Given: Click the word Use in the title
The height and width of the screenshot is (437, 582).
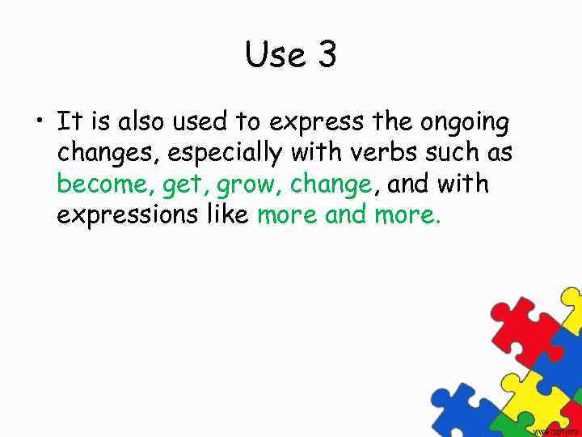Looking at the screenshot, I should coord(272,55).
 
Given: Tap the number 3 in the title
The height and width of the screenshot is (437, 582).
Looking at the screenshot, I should coord(327,55).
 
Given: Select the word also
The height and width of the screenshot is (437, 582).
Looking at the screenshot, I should coord(138,122).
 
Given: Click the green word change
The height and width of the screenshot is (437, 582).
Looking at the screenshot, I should coord(330,185).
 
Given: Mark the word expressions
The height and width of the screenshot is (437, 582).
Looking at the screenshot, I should coord(124,216).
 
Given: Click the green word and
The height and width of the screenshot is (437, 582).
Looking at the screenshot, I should coord(346,214).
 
